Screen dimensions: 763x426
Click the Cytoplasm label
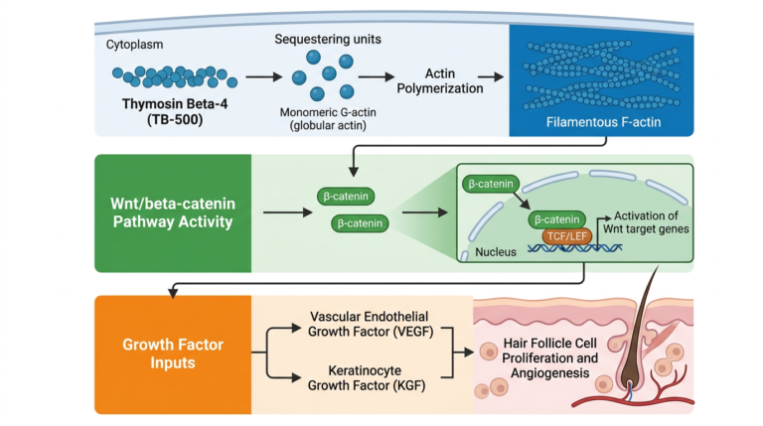pos(134,45)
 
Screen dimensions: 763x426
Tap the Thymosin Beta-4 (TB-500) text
pos(175,111)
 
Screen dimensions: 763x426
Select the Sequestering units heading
pos(328,39)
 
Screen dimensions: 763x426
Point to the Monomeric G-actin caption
pos(328,118)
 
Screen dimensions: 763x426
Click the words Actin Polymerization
pos(440,80)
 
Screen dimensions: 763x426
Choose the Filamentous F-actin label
pos(603,122)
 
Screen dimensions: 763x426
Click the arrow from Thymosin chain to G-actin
pos(263,76)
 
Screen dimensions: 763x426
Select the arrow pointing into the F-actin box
pos(491,76)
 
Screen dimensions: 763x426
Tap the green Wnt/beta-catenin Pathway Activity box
pos(173,213)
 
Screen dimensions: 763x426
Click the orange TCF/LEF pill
pos(567,236)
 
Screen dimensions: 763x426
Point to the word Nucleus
pos(496,252)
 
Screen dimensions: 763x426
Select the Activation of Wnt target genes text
pos(646,222)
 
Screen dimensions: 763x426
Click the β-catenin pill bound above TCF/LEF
pos(556,219)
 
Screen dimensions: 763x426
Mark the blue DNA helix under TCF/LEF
pos(574,248)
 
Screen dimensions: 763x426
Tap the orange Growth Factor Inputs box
pos(173,355)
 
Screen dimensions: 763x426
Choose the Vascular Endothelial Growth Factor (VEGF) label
pos(371,324)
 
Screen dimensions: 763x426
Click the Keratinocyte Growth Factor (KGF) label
pos(367,378)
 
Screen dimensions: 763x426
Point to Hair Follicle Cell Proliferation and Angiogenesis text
pos(549,357)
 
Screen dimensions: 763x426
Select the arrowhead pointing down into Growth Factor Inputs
pos(173,292)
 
